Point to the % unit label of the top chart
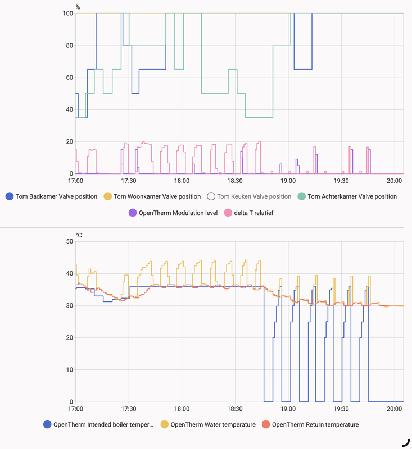coord(78,7)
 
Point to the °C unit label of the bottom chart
coord(79,235)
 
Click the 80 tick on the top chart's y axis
coord(70,45)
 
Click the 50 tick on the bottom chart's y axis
coord(70,241)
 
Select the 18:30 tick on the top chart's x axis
coord(235,181)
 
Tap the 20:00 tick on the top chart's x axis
coord(395,181)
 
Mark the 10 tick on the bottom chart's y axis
coord(70,370)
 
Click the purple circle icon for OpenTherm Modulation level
coord(133,213)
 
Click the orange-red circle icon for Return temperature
coord(266,425)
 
